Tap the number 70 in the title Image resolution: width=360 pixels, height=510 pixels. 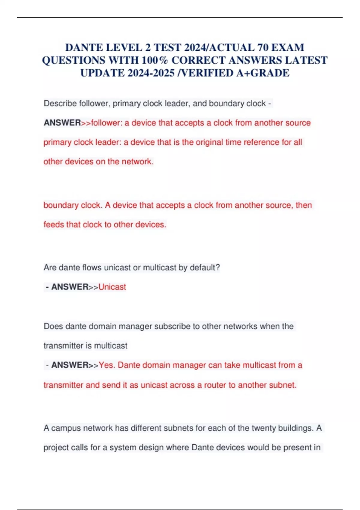click(263, 47)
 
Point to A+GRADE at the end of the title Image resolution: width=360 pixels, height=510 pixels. click(263, 73)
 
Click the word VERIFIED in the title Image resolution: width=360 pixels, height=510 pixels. click(207, 73)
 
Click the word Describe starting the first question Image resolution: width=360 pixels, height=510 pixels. click(60, 103)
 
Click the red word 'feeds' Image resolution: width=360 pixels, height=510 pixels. click(54, 224)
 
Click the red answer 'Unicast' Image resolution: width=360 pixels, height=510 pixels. click(112, 287)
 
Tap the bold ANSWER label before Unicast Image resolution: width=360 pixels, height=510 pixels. click(70, 287)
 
